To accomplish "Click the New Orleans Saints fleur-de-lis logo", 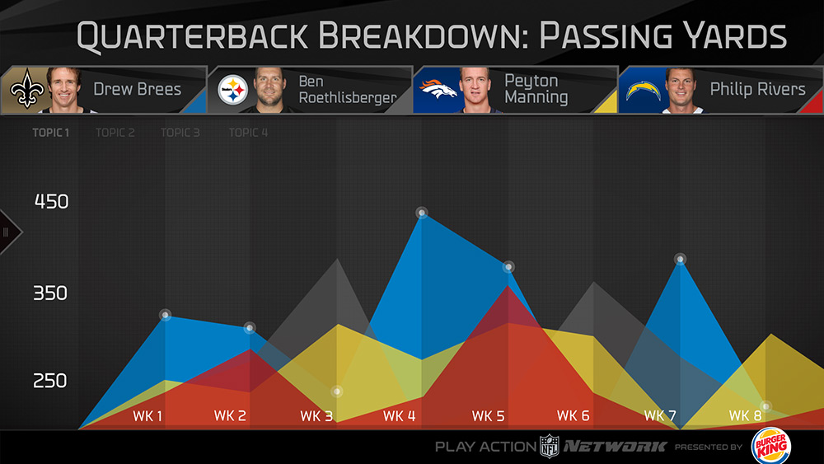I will pyautogui.click(x=26, y=90).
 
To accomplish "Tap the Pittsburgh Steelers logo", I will pyautogui.click(x=232, y=90).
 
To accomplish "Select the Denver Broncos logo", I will pyautogui.click(x=438, y=89).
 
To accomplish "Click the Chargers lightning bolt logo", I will pyautogui.click(x=644, y=89).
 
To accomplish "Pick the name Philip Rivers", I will pyautogui.click(x=757, y=89).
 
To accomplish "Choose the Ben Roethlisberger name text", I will pyautogui.click(x=347, y=90).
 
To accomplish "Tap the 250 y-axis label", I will pyautogui.click(x=51, y=382).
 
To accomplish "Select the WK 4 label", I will pyautogui.click(x=400, y=416).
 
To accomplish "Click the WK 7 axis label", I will pyautogui.click(x=660, y=415).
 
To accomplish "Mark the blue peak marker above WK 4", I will pyautogui.click(x=422, y=213).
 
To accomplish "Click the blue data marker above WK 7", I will pyautogui.click(x=680, y=259).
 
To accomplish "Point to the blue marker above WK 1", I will pyautogui.click(x=165, y=315).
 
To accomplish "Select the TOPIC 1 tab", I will pyautogui.click(x=51, y=133).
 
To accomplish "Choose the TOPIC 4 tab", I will pyautogui.click(x=248, y=133).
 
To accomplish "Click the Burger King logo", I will pyautogui.click(x=770, y=446).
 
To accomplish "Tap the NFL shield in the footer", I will pyautogui.click(x=549, y=446).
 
